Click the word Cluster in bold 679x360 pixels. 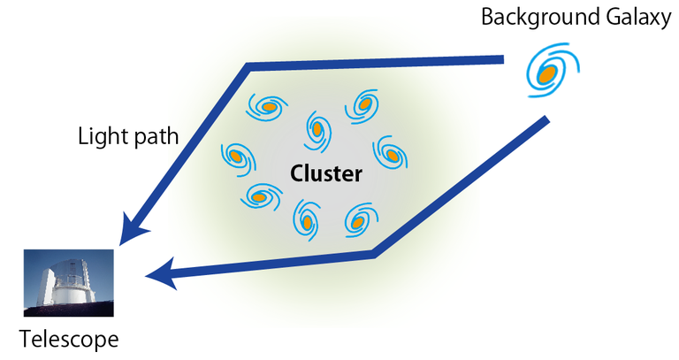pos(326,174)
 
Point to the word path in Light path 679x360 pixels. pos(159,136)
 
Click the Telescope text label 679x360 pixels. pos(69,339)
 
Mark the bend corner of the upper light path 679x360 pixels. pos(248,67)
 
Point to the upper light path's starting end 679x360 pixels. pos(502,60)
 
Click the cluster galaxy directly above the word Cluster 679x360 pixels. pos(317,129)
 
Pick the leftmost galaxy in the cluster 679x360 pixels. pos(235,156)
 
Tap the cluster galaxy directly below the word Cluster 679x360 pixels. pos(307,221)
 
